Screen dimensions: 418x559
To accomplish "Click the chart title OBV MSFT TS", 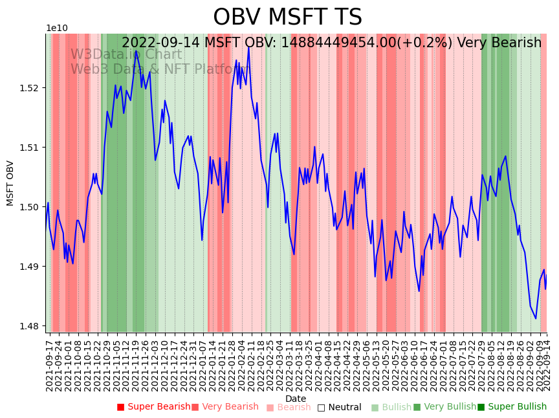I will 287,17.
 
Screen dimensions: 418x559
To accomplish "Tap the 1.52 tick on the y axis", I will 33,88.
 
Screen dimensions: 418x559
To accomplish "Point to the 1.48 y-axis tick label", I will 33,326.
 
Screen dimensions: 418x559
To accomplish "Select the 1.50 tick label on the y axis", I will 33,207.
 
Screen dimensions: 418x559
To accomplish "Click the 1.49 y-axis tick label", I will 33,267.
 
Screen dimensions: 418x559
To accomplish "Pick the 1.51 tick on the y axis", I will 33,148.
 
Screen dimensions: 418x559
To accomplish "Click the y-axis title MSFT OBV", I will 10,183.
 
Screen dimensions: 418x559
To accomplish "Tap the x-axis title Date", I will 296,399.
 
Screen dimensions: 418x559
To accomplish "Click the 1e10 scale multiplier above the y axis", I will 56,28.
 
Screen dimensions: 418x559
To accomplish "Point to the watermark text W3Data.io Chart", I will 126,54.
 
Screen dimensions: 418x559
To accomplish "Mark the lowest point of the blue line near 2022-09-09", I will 536,318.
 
